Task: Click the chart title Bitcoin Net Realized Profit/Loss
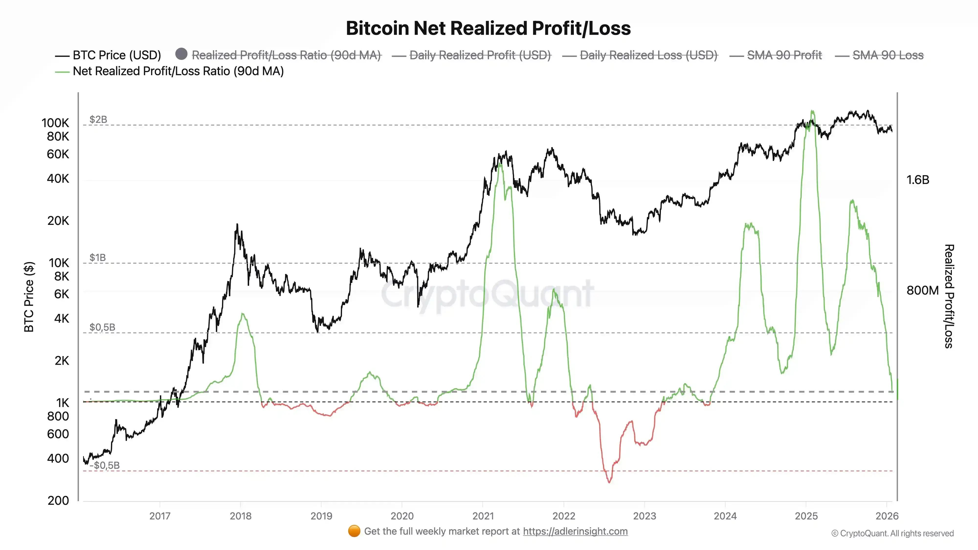pyautogui.click(x=488, y=28)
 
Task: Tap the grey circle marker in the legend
pyautogui.click(x=181, y=54)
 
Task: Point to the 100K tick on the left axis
pyautogui.click(x=56, y=123)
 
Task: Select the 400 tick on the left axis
pyautogui.click(x=58, y=459)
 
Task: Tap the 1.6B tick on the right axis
pyautogui.click(x=918, y=180)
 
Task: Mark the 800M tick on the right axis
pyautogui.click(x=922, y=290)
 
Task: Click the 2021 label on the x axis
pyautogui.click(x=483, y=516)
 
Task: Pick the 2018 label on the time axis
pyautogui.click(x=241, y=516)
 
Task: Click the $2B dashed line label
pyautogui.click(x=98, y=120)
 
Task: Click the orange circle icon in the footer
pyautogui.click(x=354, y=531)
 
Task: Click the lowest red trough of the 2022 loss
pyautogui.click(x=609, y=482)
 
